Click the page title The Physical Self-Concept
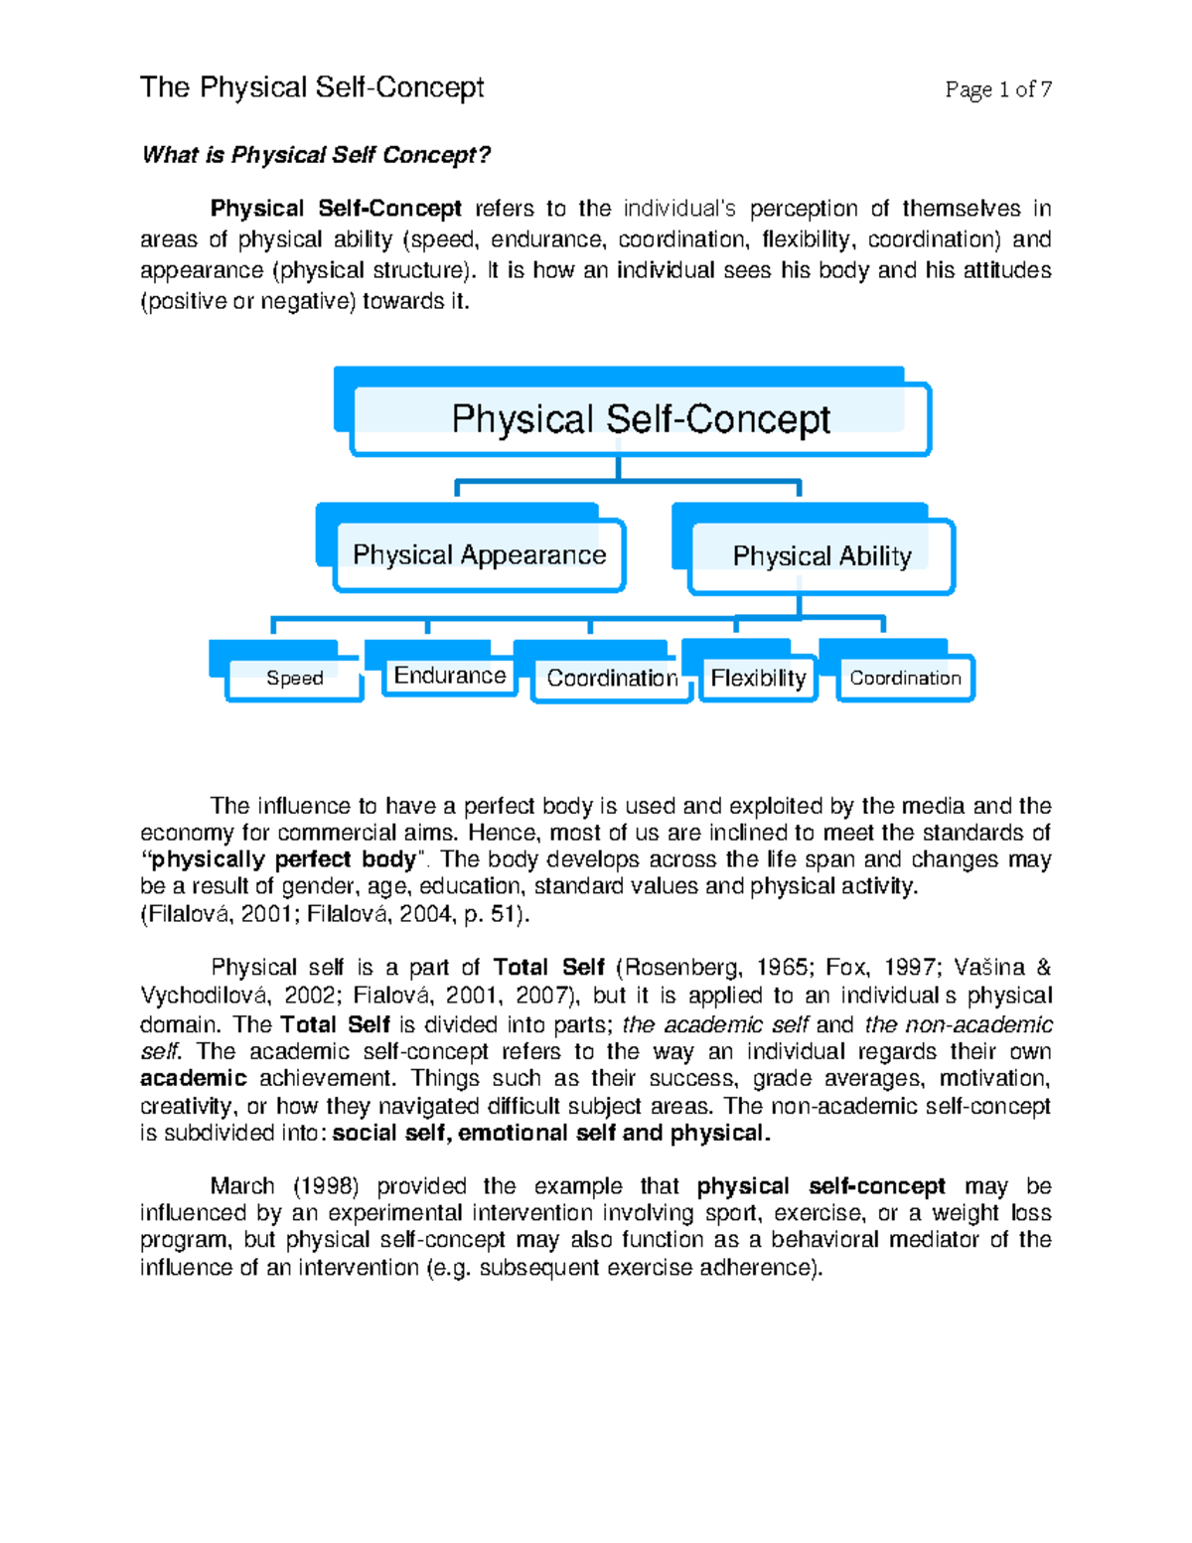click(x=312, y=87)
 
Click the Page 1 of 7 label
click(x=998, y=89)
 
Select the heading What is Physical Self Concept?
click(x=316, y=155)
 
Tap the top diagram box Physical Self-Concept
click(x=641, y=419)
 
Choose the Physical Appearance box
click(x=479, y=554)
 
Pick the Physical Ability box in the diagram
click(x=821, y=556)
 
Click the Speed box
click(x=294, y=678)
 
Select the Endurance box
click(x=449, y=676)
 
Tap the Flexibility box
click(x=758, y=679)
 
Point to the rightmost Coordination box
click(x=905, y=679)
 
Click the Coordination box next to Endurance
click(x=612, y=679)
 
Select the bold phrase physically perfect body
click(x=283, y=859)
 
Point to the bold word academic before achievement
click(x=193, y=1078)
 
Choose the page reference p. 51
click(x=496, y=914)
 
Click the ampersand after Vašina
click(x=1043, y=968)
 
